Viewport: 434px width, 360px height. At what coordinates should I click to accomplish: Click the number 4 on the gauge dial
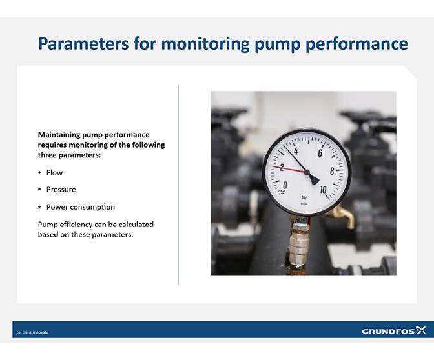[295, 151]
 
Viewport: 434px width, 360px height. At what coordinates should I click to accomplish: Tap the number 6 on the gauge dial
[320, 153]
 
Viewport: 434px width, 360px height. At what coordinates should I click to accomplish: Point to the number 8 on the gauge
[332, 171]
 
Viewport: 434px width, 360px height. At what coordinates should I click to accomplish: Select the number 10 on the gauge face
[323, 190]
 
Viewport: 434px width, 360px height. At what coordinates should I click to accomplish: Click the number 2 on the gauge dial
[282, 167]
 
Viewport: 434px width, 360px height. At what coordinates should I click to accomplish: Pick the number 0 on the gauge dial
[285, 185]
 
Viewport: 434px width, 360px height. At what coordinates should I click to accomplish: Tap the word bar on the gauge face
[304, 197]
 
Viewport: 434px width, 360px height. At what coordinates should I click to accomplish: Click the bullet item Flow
[54, 173]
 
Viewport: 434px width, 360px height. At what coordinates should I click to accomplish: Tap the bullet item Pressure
[61, 190]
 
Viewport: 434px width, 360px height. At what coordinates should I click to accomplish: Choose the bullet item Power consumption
[80, 207]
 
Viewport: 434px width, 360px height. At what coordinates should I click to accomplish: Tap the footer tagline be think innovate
[32, 332]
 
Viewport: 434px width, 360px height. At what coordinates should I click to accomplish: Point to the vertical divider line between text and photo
[178, 184]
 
